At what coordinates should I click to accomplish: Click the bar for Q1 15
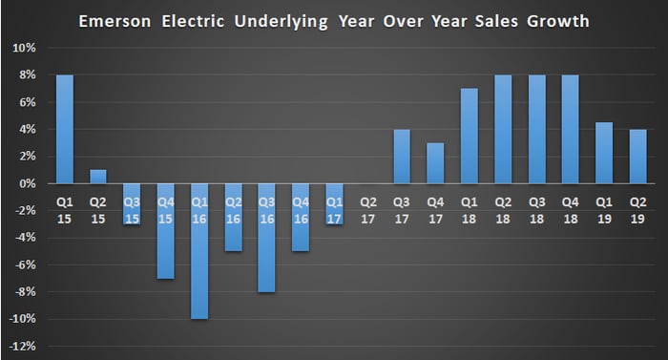pyautogui.click(x=65, y=129)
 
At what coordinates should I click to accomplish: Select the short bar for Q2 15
pyautogui.click(x=98, y=177)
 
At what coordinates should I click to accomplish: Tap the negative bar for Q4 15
pyautogui.click(x=166, y=232)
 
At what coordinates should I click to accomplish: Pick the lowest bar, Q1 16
pyautogui.click(x=199, y=252)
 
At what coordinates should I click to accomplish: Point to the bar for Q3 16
pyautogui.click(x=266, y=238)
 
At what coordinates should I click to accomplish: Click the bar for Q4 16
pyautogui.click(x=301, y=218)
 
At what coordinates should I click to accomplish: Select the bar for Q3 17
pyautogui.click(x=402, y=157)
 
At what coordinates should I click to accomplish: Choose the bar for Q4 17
pyautogui.click(x=435, y=163)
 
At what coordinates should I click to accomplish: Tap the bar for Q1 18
pyautogui.click(x=470, y=136)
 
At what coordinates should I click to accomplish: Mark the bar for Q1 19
pyautogui.click(x=604, y=153)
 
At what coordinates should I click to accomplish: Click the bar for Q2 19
pyautogui.click(x=637, y=157)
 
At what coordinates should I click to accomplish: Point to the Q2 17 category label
pyautogui.click(x=368, y=210)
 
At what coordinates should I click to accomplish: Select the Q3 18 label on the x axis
pyautogui.click(x=536, y=210)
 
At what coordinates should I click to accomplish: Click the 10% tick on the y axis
pyautogui.click(x=24, y=48)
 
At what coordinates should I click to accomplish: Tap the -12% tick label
pyautogui.click(x=22, y=347)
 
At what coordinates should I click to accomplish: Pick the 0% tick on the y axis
pyautogui.click(x=28, y=184)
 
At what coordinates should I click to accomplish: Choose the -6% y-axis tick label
pyautogui.click(x=26, y=265)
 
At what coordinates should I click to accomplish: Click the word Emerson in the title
pyautogui.click(x=115, y=21)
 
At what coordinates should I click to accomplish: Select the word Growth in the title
pyautogui.click(x=558, y=21)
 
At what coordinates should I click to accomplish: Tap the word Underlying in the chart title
pyautogui.click(x=282, y=22)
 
